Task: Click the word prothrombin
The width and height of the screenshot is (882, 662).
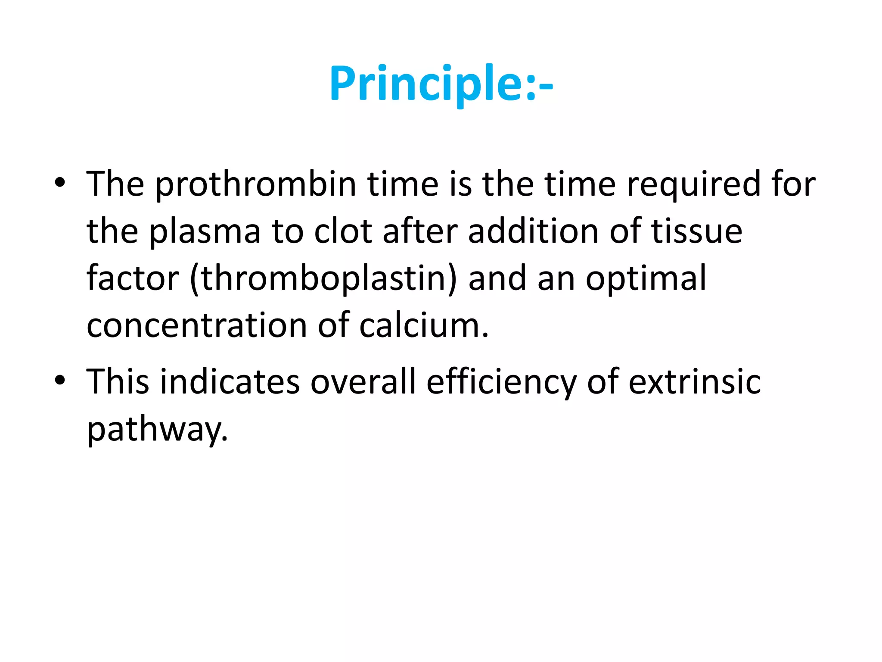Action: [x=256, y=184]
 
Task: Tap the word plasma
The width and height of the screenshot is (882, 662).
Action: [x=205, y=232]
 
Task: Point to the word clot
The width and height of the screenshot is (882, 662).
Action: [x=343, y=232]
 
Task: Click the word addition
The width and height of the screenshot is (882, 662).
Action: [x=533, y=232]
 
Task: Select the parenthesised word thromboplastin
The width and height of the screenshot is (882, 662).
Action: [x=323, y=279]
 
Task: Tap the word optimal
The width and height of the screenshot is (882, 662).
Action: [x=646, y=279]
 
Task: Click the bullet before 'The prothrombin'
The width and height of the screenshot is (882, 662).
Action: [x=60, y=183]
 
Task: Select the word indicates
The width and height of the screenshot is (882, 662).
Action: [x=230, y=382]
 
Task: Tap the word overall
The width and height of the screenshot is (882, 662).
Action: [x=363, y=382]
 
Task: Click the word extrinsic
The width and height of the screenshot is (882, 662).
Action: [x=695, y=382]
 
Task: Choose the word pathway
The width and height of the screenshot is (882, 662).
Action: [x=157, y=430]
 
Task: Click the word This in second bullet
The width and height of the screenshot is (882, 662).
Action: [x=118, y=382]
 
